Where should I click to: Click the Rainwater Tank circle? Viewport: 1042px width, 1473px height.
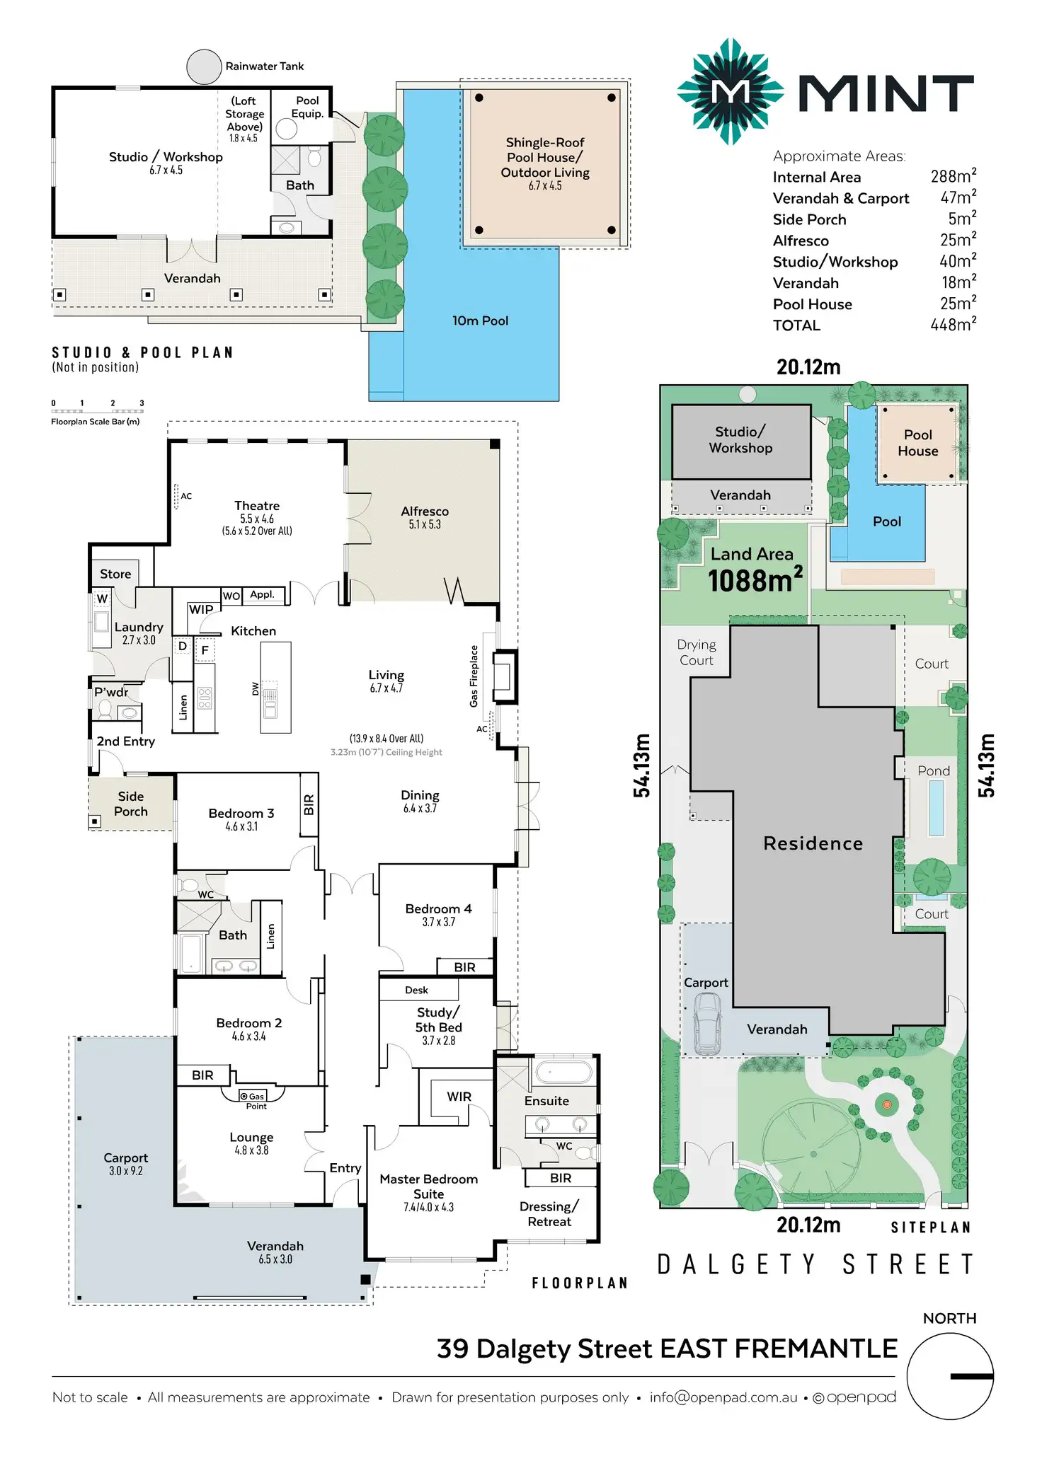pyautogui.click(x=204, y=67)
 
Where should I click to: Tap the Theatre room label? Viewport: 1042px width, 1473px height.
pyautogui.click(x=257, y=506)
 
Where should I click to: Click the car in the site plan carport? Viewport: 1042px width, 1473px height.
pyautogui.click(x=707, y=1023)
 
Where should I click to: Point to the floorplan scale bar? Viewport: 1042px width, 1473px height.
pyautogui.click(x=97, y=410)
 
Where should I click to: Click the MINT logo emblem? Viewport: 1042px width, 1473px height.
pyautogui.click(x=730, y=91)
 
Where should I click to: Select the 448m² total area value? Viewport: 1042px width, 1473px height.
pyautogui.click(x=953, y=325)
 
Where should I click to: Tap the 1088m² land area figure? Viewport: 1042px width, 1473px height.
pyautogui.click(x=755, y=581)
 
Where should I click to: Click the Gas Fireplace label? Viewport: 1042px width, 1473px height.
pyautogui.click(x=474, y=676)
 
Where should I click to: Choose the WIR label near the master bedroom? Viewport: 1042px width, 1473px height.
pyautogui.click(x=459, y=1097)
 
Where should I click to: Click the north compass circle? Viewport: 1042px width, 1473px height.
pyautogui.click(x=950, y=1376)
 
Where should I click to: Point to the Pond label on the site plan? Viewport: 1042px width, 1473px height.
pyautogui.click(x=933, y=770)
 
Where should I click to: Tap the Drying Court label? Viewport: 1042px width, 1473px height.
pyautogui.click(x=697, y=652)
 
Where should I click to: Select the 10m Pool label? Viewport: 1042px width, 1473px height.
pyautogui.click(x=480, y=320)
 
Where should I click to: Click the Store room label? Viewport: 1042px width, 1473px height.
pyautogui.click(x=115, y=574)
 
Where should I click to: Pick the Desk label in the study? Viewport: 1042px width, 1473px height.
pyautogui.click(x=416, y=990)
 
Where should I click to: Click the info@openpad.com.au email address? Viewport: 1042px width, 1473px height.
pyautogui.click(x=723, y=1397)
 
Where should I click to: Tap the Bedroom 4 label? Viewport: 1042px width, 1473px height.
pyautogui.click(x=438, y=908)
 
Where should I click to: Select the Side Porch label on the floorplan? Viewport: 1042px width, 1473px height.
pyautogui.click(x=131, y=804)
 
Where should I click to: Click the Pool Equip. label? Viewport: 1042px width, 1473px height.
pyautogui.click(x=307, y=107)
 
